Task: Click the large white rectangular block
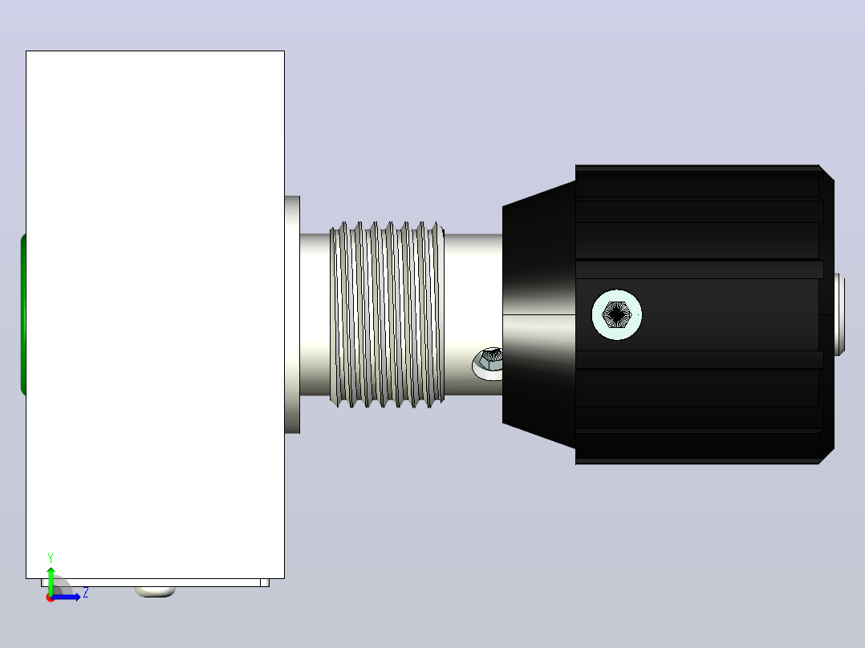tap(155, 314)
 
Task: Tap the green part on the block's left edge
tap(23, 314)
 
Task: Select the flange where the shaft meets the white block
tap(292, 314)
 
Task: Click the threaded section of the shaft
tap(388, 314)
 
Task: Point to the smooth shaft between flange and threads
tap(315, 314)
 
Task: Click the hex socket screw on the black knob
tap(617, 314)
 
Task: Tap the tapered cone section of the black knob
tap(539, 314)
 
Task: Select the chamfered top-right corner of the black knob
tap(826, 172)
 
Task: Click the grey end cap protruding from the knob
tap(839, 314)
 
